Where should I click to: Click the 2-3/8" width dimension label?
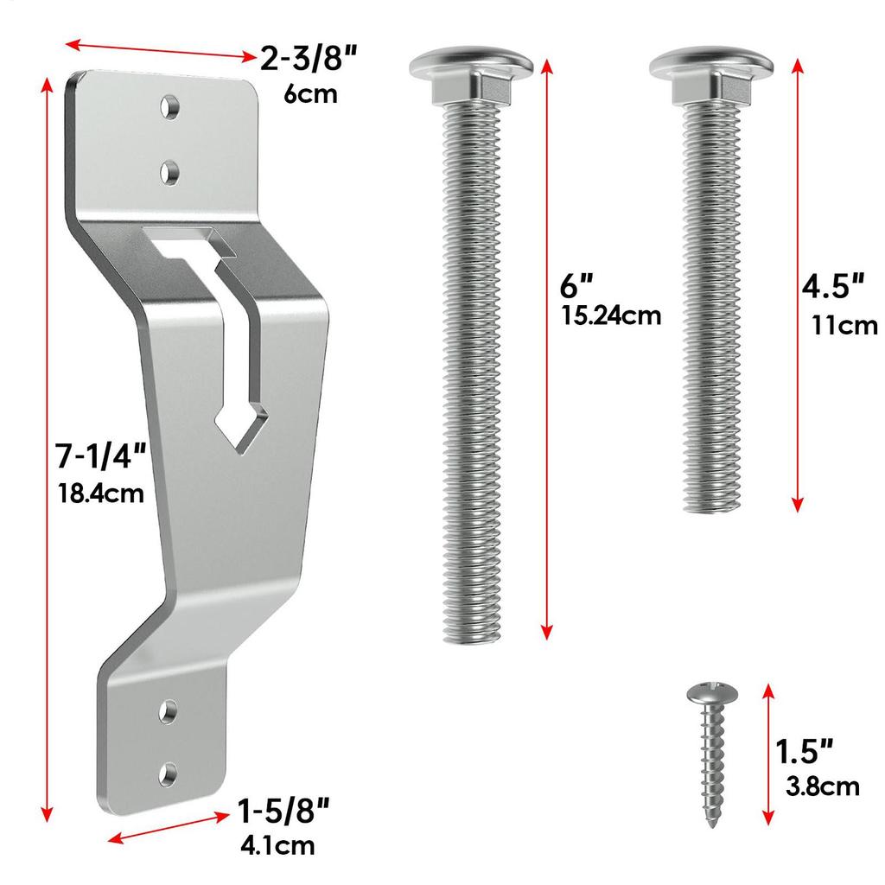click(309, 60)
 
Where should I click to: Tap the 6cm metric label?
click(310, 93)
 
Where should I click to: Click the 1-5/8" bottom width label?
click(283, 812)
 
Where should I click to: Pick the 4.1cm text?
click(277, 844)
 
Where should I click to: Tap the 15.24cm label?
click(611, 315)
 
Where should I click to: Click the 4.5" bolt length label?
click(833, 286)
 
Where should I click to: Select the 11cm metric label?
click(844, 325)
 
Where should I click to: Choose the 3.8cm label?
click(823, 786)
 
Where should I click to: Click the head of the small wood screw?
click(710, 693)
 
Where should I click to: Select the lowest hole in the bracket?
click(169, 771)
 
